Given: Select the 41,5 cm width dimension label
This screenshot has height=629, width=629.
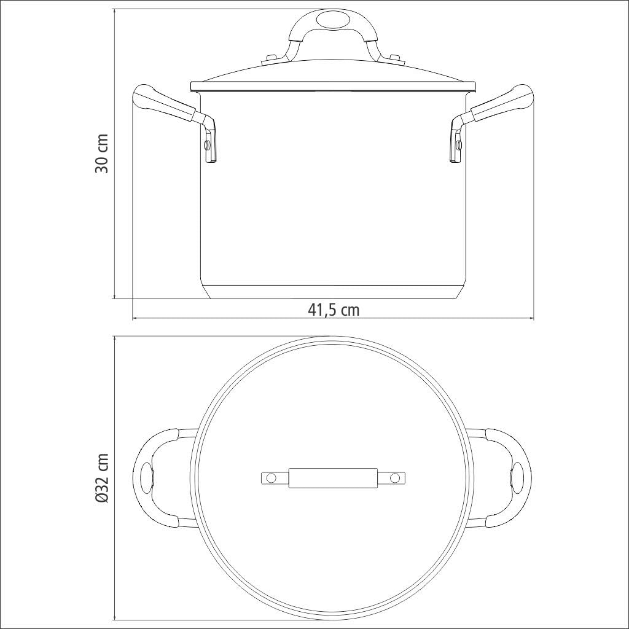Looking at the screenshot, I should (x=334, y=310).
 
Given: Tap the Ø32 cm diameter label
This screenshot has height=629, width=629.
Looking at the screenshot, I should (x=102, y=479).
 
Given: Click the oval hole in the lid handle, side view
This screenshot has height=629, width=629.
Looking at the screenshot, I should (x=332, y=21).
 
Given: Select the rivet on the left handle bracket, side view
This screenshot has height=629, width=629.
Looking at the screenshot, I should (x=207, y=145).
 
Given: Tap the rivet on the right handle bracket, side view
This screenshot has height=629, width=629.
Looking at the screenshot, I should (x=459, y=145).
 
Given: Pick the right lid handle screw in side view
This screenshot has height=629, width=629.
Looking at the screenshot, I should (x=396, y=60).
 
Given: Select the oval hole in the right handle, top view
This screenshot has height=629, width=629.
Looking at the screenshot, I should (x=518, y=477).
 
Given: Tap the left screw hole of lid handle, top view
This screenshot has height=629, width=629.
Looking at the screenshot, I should (x=270, y=477).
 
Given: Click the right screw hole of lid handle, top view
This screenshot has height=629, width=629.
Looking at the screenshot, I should (x=395, y=477).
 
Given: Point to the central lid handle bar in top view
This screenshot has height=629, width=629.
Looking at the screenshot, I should (x=332, y=477).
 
